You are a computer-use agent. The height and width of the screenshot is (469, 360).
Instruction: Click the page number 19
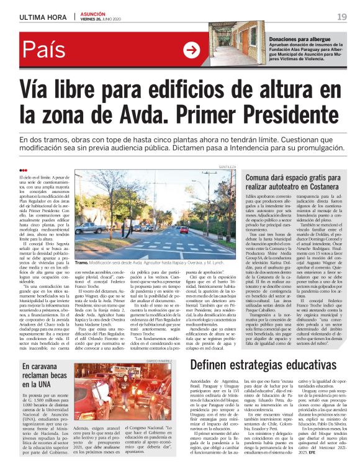[341, 16]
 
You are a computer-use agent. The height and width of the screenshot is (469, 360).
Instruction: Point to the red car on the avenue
[184, 229]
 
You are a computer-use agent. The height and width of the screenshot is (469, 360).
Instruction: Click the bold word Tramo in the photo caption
[83, 263]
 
